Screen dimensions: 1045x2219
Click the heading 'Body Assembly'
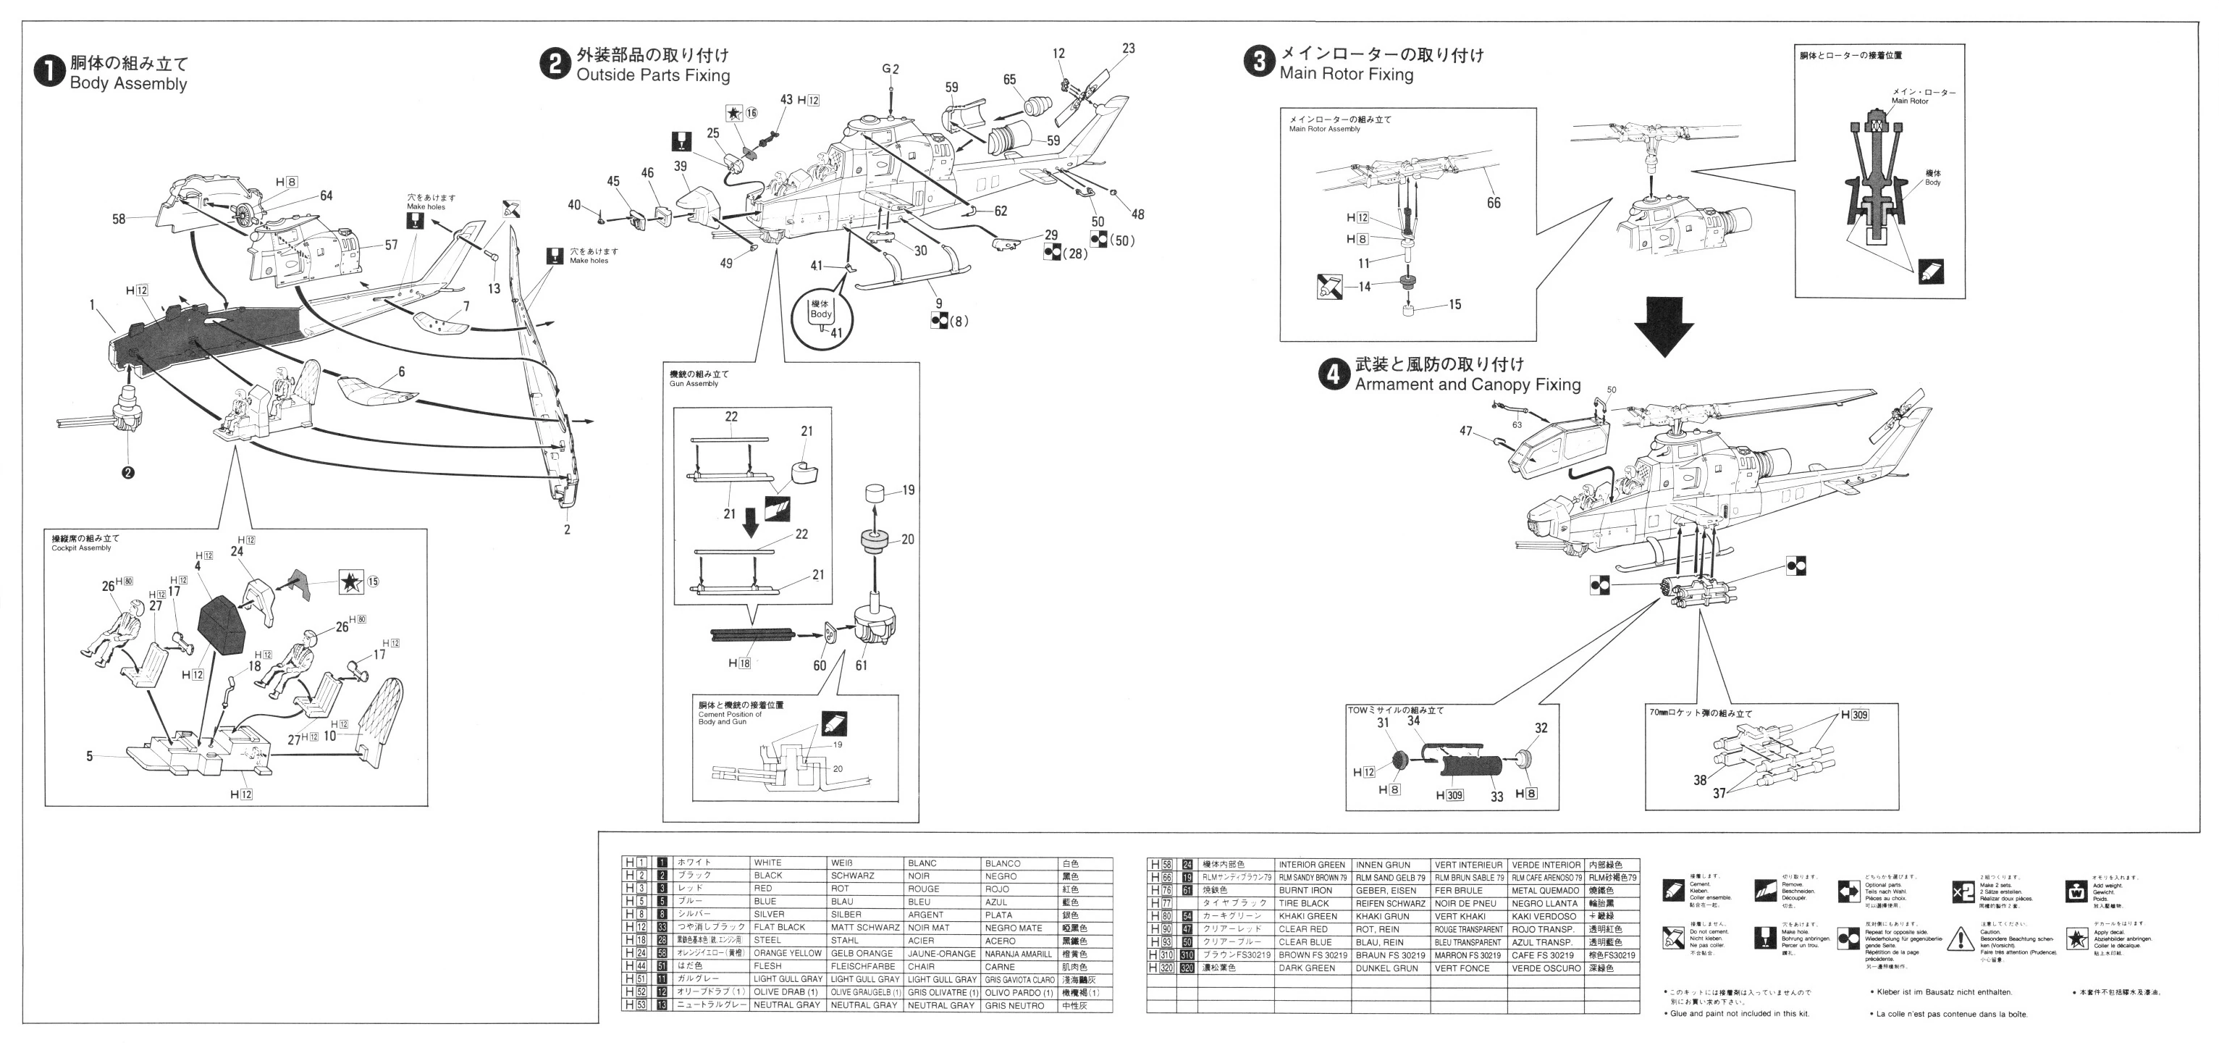pyautogui.click(x=128, y=83)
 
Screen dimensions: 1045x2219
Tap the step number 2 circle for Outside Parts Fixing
pyautogui.click(x=554, y=64)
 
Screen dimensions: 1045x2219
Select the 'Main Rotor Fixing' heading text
pyautogui.click(x=1346, y=74)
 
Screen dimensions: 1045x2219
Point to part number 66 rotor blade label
pyautogui.click(x=1493, y=203)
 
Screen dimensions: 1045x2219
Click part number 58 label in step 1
pyautogui.click(x=119, y=219)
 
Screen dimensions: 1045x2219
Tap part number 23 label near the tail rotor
pyautogui.click(x=1129, y=49)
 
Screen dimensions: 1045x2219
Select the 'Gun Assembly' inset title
pyautogui.click(x=694, y=383)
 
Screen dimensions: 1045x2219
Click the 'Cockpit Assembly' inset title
pyautogui.click(x=81, y=548)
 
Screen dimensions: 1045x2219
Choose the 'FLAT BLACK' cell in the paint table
pyautogui.click(x=779, y=927)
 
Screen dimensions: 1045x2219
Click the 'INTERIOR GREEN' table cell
pyautogui.click(x=1311, y=864)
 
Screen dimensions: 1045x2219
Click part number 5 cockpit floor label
pyautogui.click(x=90, y=756)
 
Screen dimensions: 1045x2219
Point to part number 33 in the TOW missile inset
pyautogui.click(x=1496, y=797)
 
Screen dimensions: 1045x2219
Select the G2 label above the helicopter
pyautogui.click(x=890, y=69)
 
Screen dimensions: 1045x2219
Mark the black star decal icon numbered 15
pyautogui.click(x=350, y=582)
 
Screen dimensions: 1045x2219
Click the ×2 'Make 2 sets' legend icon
pyautogui.click(x=1962, y=891)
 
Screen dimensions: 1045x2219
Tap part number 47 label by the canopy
pyautogui.click(x=1465, y=431)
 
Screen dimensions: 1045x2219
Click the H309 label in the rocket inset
pyautogui.click(x=1855, y=714)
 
